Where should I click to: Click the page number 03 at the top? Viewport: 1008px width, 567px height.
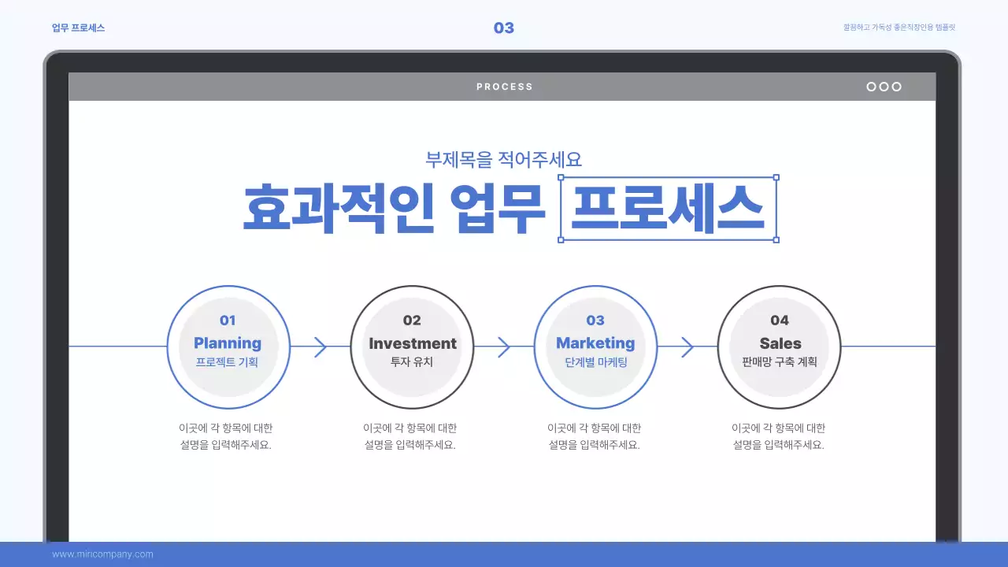tap(503, 28)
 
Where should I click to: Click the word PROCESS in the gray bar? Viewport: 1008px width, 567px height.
tap(504, 87)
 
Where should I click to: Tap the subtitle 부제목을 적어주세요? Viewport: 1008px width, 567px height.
tap(503, 159)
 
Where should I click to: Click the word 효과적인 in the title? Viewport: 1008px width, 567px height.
tap(338, 209)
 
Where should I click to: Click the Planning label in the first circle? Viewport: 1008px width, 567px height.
tap(228, 343)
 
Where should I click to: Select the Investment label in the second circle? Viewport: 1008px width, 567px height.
tap(412, 343)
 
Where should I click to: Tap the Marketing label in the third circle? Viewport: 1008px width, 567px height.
tap(595, 343)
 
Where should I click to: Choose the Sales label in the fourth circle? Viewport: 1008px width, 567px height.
tap(780, 343)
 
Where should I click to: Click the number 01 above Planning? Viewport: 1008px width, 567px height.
tap(228, 321)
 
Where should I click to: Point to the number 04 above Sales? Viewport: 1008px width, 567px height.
tap(780, 321)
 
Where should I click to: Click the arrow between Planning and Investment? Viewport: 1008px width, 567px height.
tap(320, 346)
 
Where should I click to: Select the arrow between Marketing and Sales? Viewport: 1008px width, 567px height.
tap(687, 346)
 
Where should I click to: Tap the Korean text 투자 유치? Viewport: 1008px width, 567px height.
tap(412, 363)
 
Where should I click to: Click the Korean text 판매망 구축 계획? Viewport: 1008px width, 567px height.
tap(780, 363)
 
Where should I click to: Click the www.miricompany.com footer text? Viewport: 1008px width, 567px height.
tap(102, 554)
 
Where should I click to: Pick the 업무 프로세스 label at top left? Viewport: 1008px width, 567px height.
tap(78, 28)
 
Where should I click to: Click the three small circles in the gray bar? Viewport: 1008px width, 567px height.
tap(884, 87)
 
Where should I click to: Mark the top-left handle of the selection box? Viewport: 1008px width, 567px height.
tap(561, 178)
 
